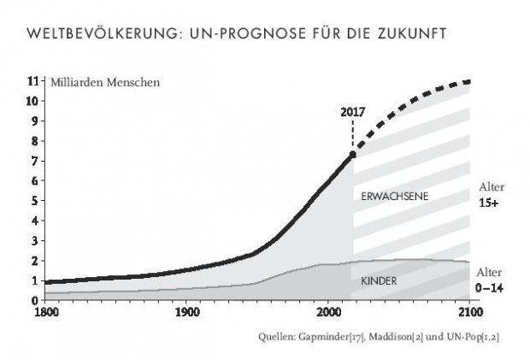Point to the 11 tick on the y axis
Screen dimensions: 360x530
[33, 81]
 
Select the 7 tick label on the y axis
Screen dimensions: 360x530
[34, 161]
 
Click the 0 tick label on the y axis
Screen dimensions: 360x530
[34, 300]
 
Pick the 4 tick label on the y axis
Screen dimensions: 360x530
[34, 221]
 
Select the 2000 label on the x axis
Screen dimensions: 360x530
[327, 311]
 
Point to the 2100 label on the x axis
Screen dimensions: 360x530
[468, 311]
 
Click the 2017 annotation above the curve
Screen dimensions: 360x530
[352, 113]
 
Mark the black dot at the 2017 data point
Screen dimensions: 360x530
[352, 155]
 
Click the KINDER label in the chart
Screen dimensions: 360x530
[380, 280]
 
